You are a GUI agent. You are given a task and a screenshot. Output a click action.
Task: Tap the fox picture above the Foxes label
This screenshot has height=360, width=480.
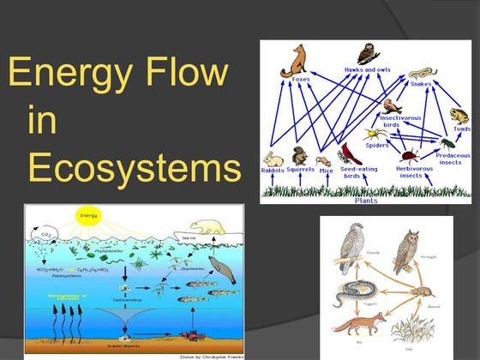(300, 61)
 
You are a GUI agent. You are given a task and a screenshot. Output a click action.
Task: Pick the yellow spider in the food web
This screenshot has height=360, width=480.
(374, 135)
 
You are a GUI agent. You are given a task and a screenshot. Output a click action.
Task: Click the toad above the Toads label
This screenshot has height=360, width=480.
(458, 116)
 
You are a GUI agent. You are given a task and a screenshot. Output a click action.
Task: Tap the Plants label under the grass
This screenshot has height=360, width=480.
(367, 200)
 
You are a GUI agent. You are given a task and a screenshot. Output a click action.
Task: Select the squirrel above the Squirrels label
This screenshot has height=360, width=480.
(299, 156)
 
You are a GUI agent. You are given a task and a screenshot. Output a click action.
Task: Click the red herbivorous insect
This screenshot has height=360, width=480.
(410, 157)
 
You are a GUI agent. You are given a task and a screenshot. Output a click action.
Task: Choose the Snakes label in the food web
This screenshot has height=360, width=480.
(420, 84)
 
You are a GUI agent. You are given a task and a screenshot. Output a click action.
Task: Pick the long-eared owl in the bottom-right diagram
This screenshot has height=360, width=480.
(406, 251)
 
